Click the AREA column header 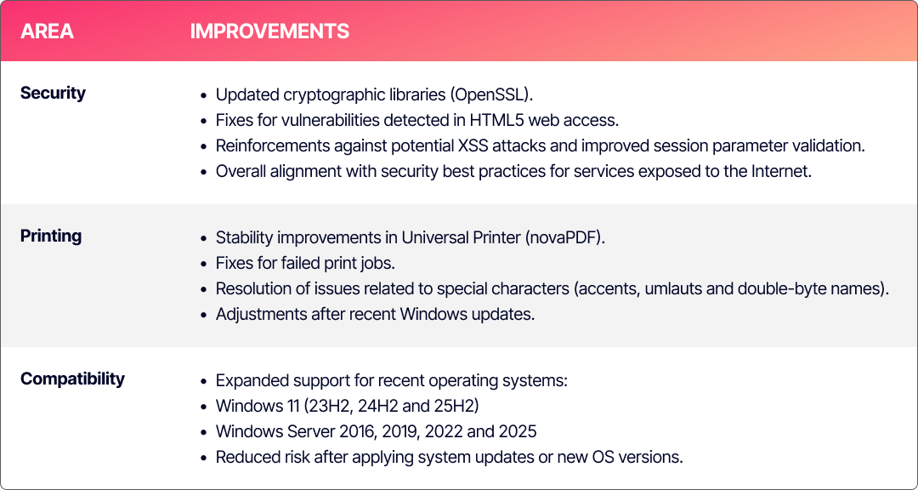coord(47,31)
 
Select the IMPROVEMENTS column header coord(269,31)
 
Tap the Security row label coord(53,94)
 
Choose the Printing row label coord(51,236)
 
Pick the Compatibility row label coord(72,379)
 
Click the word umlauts coord(673,289)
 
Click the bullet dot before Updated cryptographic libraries coord(204,95)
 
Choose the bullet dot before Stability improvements coord(204,238)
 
